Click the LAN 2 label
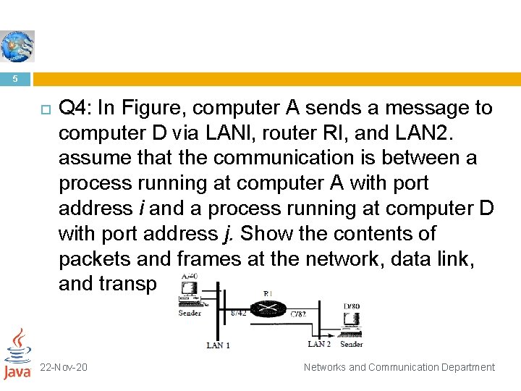318,344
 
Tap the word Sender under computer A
190,313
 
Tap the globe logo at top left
16,46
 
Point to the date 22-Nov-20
64,367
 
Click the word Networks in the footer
325,367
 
